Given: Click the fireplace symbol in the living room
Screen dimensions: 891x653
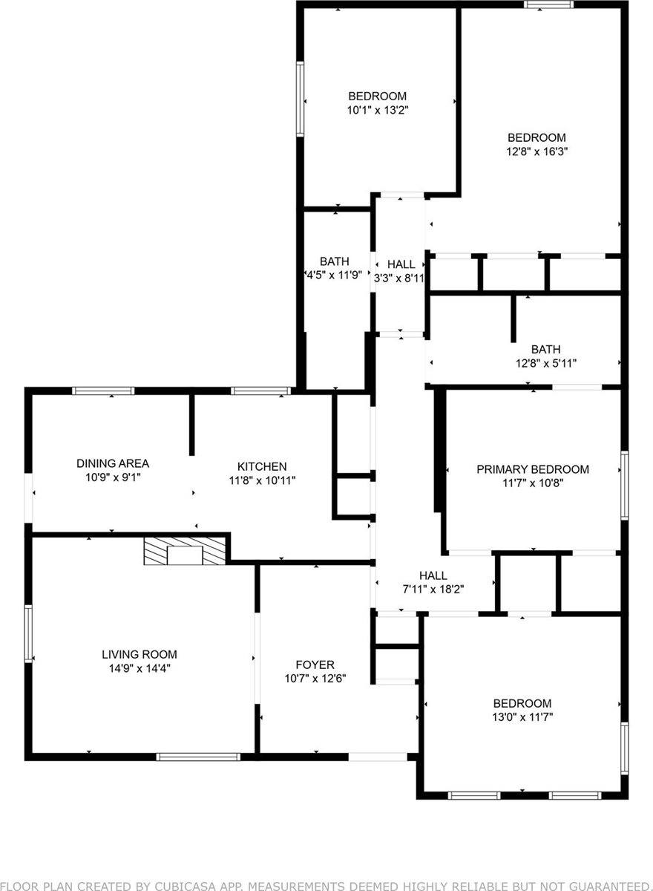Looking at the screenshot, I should click(x=184, y=551).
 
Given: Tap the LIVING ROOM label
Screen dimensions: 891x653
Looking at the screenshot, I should click(x=140, y=654).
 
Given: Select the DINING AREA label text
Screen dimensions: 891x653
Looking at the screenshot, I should click(x=113, y=463).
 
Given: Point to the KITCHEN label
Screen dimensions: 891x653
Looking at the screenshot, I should click(x=262, y=466).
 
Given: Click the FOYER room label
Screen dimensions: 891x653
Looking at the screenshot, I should click(x=315, y=665).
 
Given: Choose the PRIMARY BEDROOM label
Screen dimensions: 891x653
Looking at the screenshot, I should click(x=533, y=469).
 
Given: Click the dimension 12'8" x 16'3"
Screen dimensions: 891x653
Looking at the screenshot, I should click(x=536, y=151).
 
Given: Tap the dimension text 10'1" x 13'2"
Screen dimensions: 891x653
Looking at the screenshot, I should click(x=378, y=109).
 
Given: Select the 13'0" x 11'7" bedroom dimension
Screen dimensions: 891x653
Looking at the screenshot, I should click(x=523, y=717).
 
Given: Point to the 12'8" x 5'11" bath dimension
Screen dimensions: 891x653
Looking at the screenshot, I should click(x=545, y=363).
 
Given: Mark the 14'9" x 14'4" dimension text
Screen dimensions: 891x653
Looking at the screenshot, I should click(x=140, y=668).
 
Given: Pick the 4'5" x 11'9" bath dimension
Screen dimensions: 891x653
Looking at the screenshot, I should click(x=335, y=275).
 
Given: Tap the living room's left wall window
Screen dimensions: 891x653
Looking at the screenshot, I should click(x=29, y=633).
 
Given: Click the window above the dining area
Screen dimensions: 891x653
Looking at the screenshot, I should click(x=103, y=391).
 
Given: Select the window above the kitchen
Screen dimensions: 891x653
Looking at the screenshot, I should click(x=260, y=391).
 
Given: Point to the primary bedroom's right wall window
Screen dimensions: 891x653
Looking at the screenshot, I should click(x=624, y=485).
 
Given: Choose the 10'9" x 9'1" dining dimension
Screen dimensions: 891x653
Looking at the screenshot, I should click(x=113, y=477).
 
